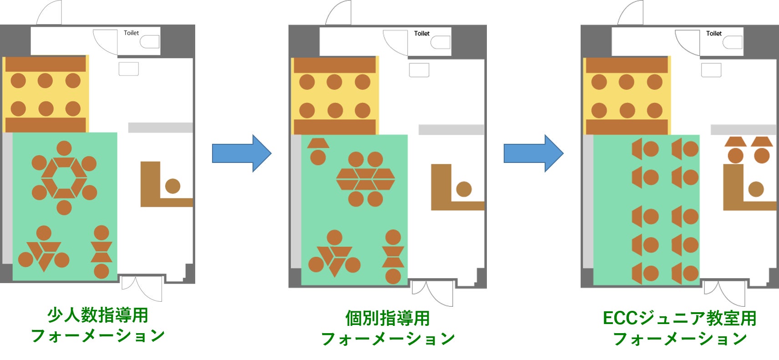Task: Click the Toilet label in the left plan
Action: (x=131, y=33)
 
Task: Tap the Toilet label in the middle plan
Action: (x=422, y=33)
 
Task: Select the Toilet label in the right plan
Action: (x=713, y=33)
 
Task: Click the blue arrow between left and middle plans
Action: (x=242, y=153)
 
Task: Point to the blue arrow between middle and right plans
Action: (x=533, y=153)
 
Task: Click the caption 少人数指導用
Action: (x=98, y=315)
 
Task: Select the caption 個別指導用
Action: (x=387, y=318)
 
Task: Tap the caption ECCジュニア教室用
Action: (x=679, y=318)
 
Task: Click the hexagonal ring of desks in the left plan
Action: (x=64, y=178)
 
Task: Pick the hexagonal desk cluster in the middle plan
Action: (x=365, y=179)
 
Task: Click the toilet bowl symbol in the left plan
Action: (x=150, y=42)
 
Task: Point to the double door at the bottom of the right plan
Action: (x=724, y=291)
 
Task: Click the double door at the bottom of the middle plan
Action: (x=432, y=291)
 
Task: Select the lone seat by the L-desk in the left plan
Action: (x=172, y=186)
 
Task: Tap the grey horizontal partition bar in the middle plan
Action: (x=451, y=130)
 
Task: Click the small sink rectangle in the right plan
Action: (x=711, y=70)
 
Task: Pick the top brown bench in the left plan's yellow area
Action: (x=46, y=64)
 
